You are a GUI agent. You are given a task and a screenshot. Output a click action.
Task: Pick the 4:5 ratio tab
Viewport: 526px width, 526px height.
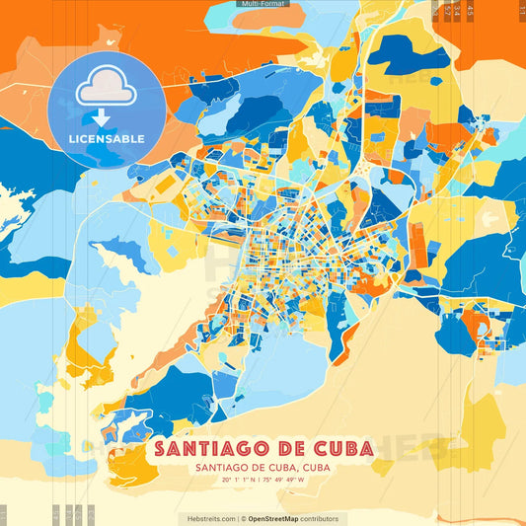click(471, 10)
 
